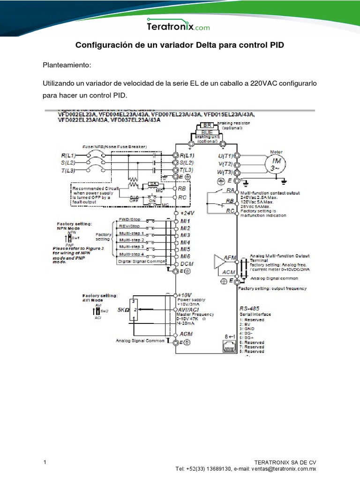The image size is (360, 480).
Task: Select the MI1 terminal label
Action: tap(186, 220)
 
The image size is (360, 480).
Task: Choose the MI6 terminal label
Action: tap(186, 256)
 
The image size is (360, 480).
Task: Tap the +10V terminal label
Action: tap(186, 295)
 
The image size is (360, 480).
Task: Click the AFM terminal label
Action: tap(230, 258)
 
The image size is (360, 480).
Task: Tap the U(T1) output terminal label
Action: tap(225, 155)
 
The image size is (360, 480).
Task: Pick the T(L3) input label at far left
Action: tap(68, 170)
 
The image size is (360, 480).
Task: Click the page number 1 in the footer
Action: tap(45, 463)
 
